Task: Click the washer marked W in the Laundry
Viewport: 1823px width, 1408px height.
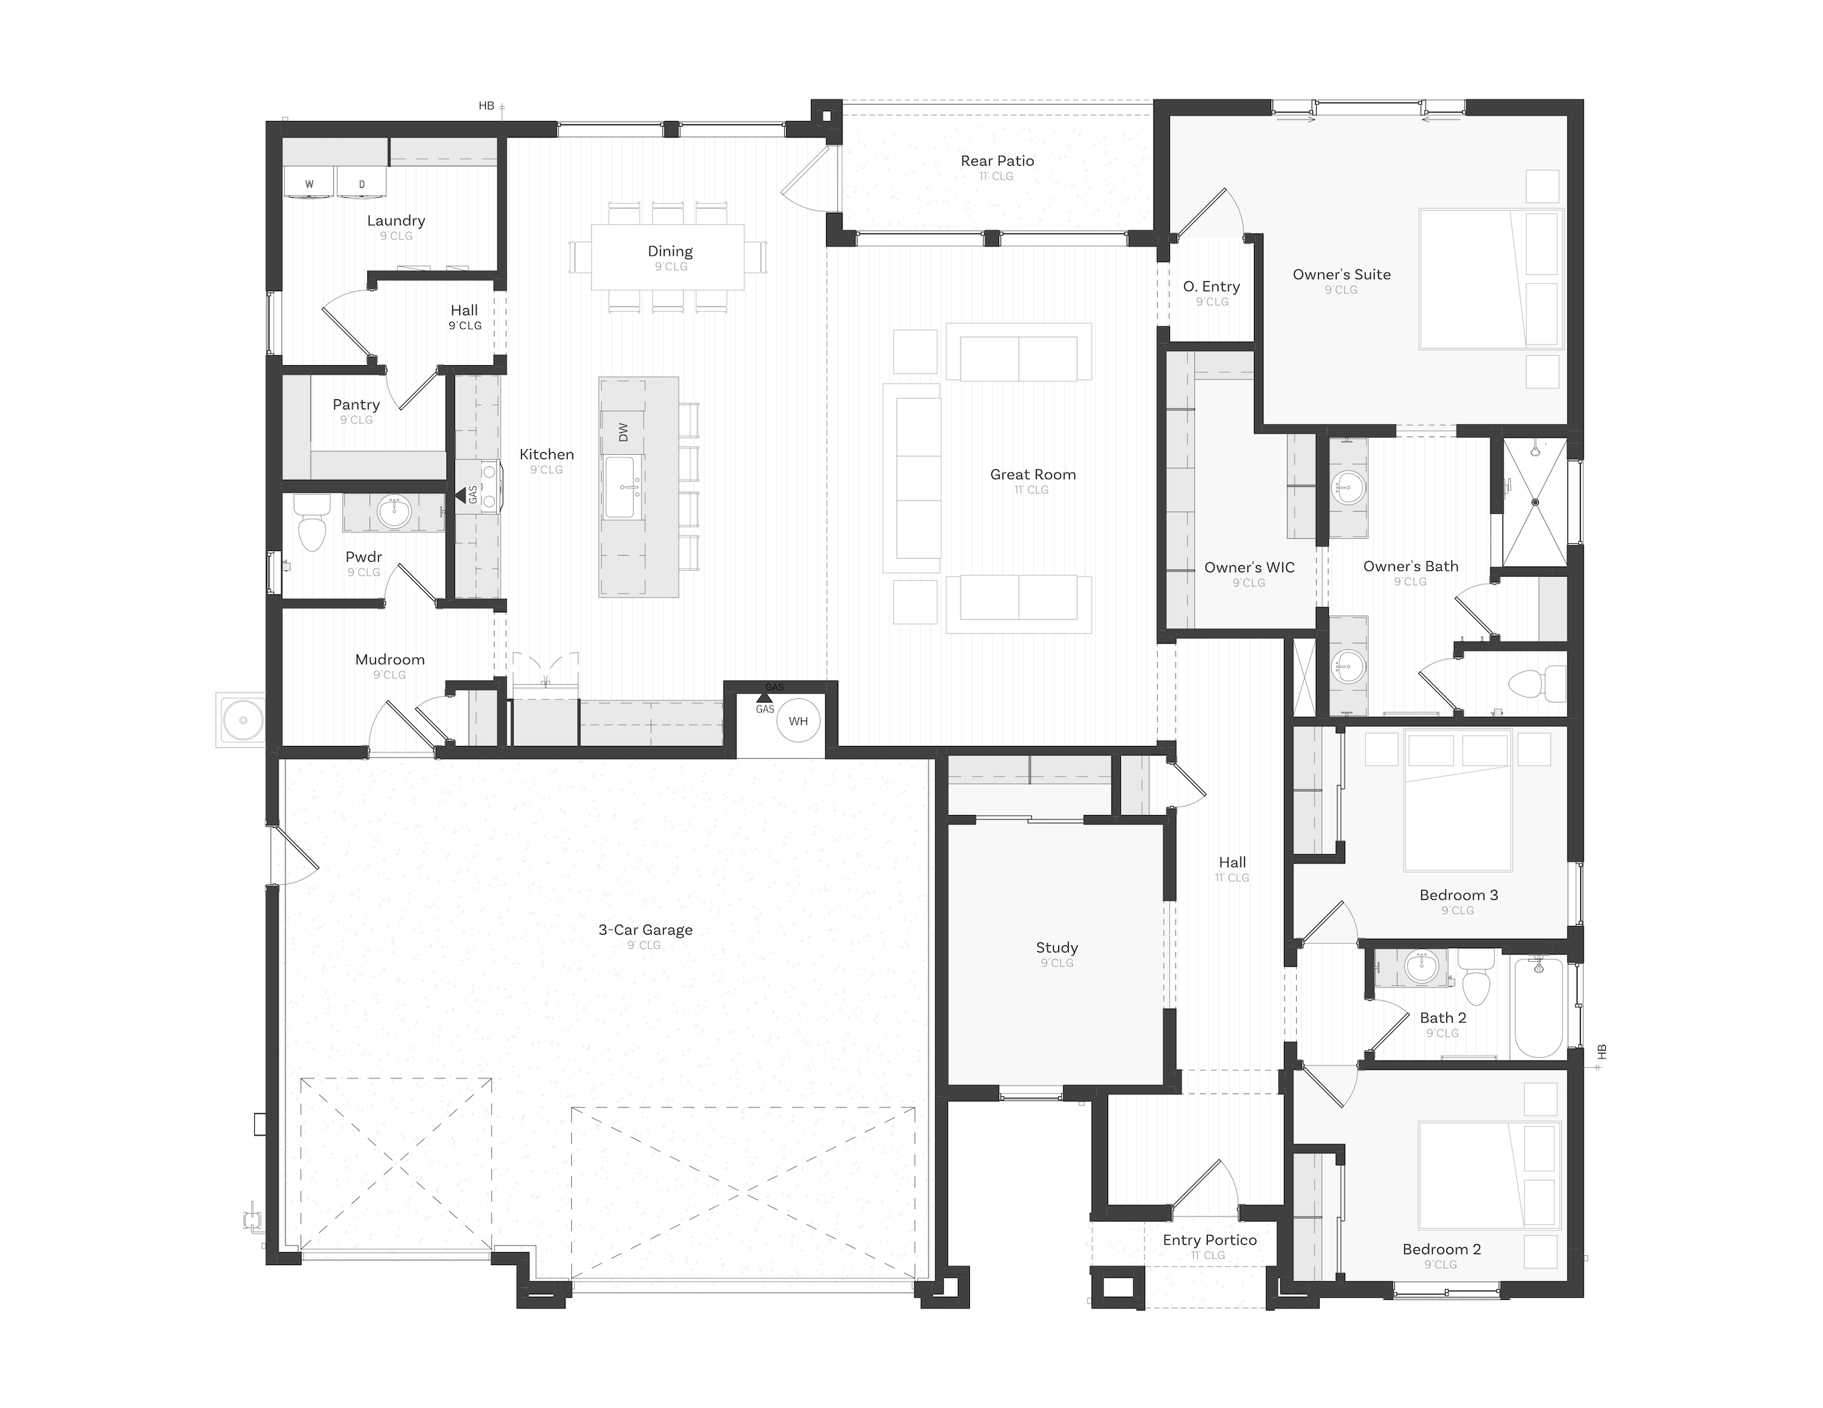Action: (310, 183)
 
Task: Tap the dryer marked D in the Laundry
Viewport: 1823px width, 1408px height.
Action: (362, 183)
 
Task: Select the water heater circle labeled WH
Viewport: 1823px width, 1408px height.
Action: (798, 721)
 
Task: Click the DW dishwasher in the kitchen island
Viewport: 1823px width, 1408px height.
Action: (622, 431)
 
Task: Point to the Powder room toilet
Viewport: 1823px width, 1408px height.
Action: (312, 522)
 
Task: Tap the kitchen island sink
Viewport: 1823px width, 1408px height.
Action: (622, 488)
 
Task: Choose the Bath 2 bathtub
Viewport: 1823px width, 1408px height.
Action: (1539, 1007)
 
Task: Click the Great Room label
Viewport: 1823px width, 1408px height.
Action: (1033, 474)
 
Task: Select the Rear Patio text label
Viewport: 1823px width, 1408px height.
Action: (997, 161)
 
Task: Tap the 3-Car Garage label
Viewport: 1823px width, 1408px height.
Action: (645, 930)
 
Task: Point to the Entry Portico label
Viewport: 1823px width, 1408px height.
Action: (1209, 1240)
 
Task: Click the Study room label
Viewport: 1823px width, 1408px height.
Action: (1057, 947)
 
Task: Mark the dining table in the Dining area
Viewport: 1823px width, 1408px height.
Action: (668, 257)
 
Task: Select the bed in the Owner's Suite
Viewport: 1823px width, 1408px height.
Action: (1490, 278)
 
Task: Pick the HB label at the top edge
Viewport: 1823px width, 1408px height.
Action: (486, 106)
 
